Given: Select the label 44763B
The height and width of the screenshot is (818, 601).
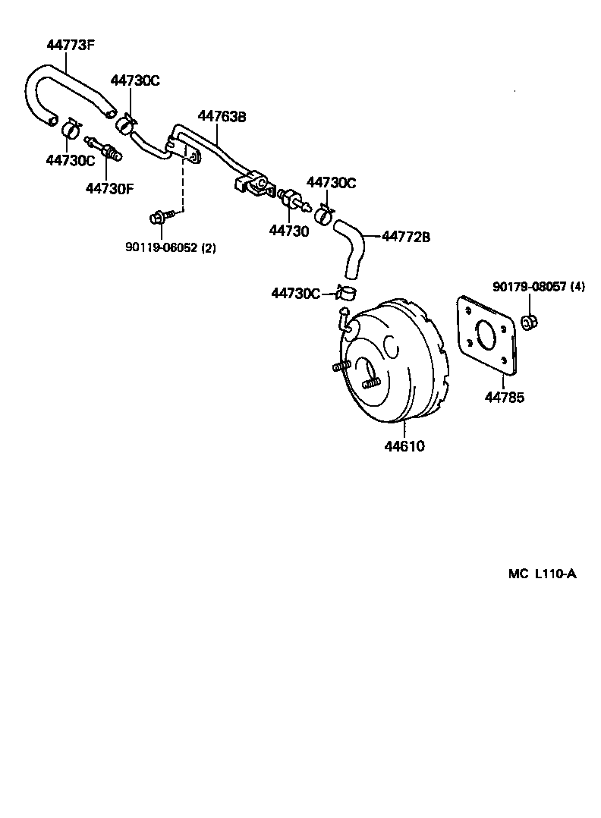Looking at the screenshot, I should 222,116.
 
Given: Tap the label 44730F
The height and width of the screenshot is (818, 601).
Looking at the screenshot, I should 109,187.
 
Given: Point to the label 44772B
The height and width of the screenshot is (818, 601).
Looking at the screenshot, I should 405,237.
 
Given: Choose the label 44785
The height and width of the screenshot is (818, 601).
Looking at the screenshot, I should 504,397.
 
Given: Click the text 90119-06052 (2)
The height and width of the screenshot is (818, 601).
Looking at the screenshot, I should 170,247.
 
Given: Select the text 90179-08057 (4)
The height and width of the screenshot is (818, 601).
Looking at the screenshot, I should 538,286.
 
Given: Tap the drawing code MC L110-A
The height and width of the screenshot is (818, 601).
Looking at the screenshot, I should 542,574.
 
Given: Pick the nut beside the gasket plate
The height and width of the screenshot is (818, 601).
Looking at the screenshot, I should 530,322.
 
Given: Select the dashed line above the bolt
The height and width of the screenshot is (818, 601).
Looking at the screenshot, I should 182,186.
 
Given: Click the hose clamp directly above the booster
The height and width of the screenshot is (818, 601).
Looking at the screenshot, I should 349,292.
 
